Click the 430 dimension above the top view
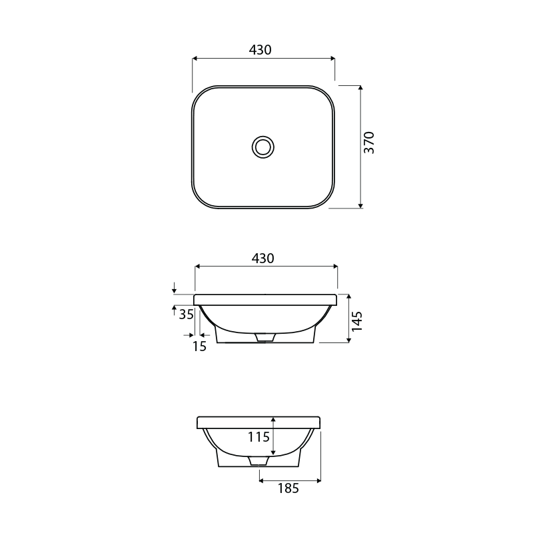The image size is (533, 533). [260, 50]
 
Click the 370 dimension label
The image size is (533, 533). [370, 143]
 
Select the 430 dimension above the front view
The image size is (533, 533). [263, 259]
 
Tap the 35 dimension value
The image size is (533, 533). [187, 314]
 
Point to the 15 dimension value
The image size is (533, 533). [199, 345]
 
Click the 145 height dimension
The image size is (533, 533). [357, 321]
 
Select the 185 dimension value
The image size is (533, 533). [288, 488]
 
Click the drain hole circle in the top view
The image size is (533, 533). [264, 146]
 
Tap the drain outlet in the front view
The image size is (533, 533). [265, 338]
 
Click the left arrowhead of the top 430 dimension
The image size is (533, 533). [195, 59]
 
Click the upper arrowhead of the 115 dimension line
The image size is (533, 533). [273, 420]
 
